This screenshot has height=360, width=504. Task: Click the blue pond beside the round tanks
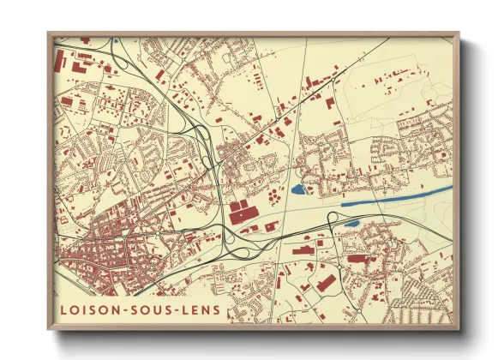point(298,190)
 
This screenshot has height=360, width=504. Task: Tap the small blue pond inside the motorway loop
point(351,225)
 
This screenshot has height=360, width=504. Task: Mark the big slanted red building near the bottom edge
point(325,282)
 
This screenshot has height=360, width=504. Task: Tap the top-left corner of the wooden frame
point(49,34)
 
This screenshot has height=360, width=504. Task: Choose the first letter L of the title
point(65,309)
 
